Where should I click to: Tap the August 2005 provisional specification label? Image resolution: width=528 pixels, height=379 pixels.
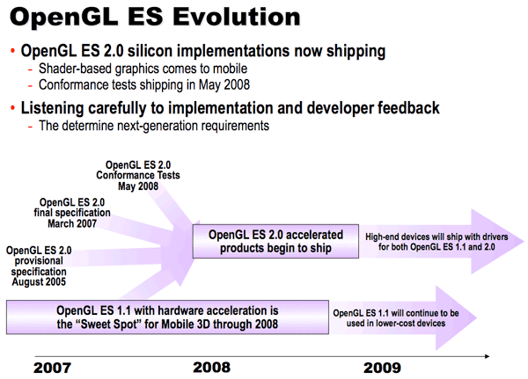(x=39, y=266)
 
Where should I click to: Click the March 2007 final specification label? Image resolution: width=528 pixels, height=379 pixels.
(x=72, y=212)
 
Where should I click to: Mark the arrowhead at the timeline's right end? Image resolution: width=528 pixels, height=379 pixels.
(x=486, y=356)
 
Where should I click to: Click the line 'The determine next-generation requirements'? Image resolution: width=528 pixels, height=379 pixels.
(x=153, y=126)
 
